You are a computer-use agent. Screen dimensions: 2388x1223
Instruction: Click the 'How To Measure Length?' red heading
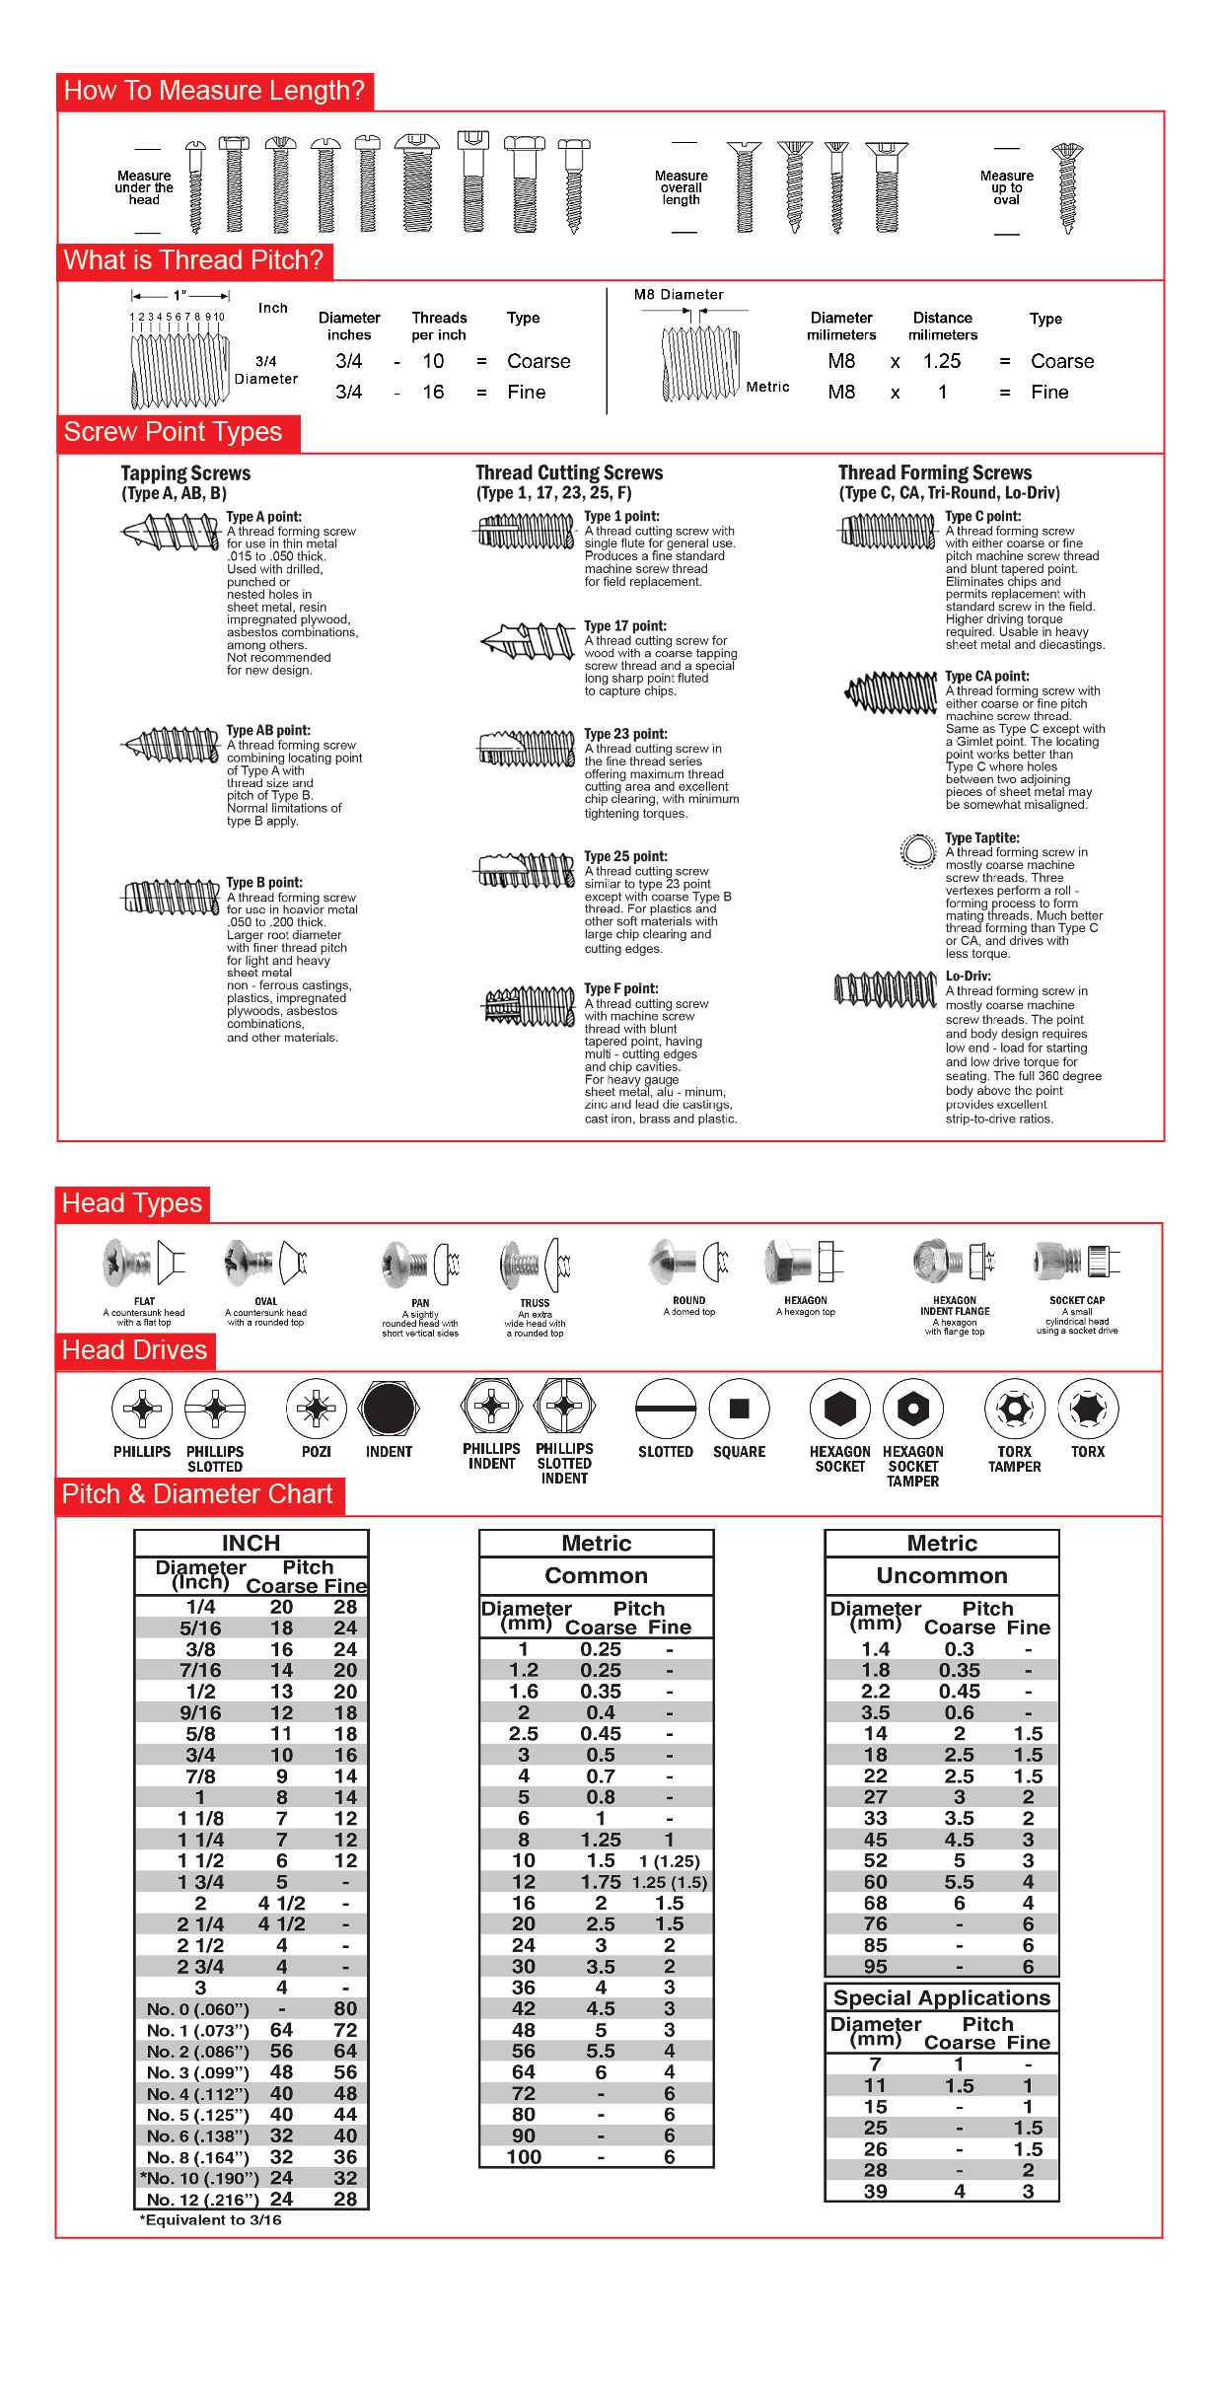214,91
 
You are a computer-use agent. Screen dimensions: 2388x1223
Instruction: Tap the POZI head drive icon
316,1409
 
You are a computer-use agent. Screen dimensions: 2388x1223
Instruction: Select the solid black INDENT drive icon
389,1409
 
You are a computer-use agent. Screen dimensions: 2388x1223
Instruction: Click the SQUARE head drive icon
739,1409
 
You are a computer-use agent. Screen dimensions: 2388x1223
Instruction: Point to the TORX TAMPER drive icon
1014,1409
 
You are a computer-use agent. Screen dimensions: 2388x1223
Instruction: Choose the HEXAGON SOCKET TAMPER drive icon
912,1409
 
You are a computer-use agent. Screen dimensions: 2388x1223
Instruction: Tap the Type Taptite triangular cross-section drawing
918,850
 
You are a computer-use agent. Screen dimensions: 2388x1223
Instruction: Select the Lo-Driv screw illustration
885,989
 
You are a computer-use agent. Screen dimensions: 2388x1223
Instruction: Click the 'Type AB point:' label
268,731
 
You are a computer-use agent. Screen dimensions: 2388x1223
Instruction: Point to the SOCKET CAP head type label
1077,1300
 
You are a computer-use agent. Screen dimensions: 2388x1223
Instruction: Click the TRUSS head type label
535,1303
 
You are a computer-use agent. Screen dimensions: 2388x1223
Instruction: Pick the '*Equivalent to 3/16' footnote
210,2220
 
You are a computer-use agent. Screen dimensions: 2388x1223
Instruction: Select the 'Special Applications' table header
942,1998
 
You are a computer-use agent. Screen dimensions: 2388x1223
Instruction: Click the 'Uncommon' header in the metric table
942,1575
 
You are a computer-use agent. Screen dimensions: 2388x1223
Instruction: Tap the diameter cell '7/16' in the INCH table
200,1670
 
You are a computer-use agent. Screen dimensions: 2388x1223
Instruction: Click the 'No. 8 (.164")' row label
198,2157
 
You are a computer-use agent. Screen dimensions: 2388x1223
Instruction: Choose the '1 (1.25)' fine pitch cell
670,1861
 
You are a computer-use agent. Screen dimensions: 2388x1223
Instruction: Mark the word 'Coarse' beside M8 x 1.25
1062,361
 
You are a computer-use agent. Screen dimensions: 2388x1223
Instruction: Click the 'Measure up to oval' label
1006,187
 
